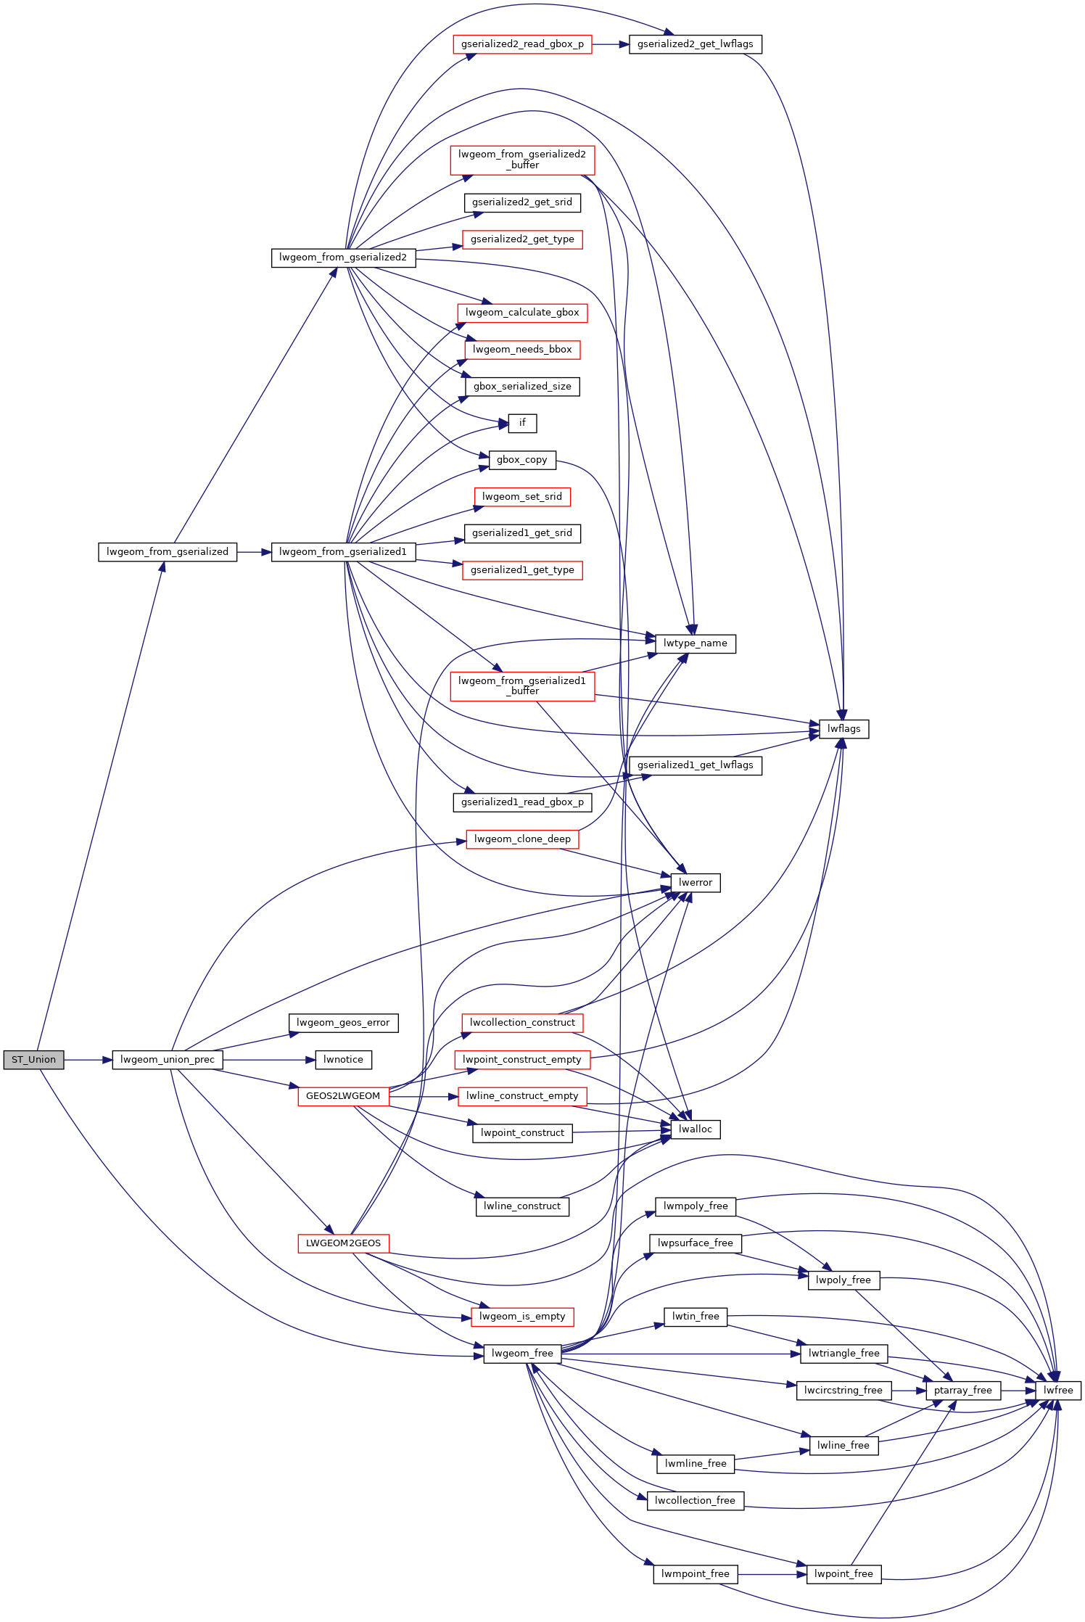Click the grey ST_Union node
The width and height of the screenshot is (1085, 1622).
[x=33, y=1060]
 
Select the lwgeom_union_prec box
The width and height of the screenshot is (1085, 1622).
[x=168, y=1060]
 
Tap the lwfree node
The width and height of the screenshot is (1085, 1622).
[x=1058, y=1391]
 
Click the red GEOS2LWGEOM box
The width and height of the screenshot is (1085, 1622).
[x=343, y=1096]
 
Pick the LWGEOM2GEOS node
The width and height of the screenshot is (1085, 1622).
[x=343, y=1243]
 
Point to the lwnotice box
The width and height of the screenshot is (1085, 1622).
[x=344, y=1060]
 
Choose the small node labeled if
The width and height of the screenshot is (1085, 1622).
[x=522, y=423]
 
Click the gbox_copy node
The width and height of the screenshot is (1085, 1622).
[x=522, y=460]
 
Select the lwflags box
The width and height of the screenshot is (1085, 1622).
[x=844, y=729]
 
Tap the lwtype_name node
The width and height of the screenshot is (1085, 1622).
[x=696, y=643]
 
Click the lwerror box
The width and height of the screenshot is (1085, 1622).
[x=696, y=883]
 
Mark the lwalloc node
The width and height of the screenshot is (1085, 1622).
[x=696, y=1129]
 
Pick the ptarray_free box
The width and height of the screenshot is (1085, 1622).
[x=963, y=1391]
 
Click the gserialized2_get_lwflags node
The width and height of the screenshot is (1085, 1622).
[x=696, y=44]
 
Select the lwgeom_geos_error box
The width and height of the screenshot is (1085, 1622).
[x=344, y=1023]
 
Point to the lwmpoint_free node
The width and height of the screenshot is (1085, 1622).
[x=696, y=1574]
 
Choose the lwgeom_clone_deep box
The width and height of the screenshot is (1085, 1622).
[x=522, y=839]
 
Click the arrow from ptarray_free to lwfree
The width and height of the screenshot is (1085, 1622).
[x=1018, y=1391]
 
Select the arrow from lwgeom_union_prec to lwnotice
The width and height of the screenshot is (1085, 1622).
[x=269, y=1060]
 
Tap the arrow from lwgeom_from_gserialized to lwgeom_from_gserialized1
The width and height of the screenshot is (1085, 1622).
[x=254, y=552]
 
